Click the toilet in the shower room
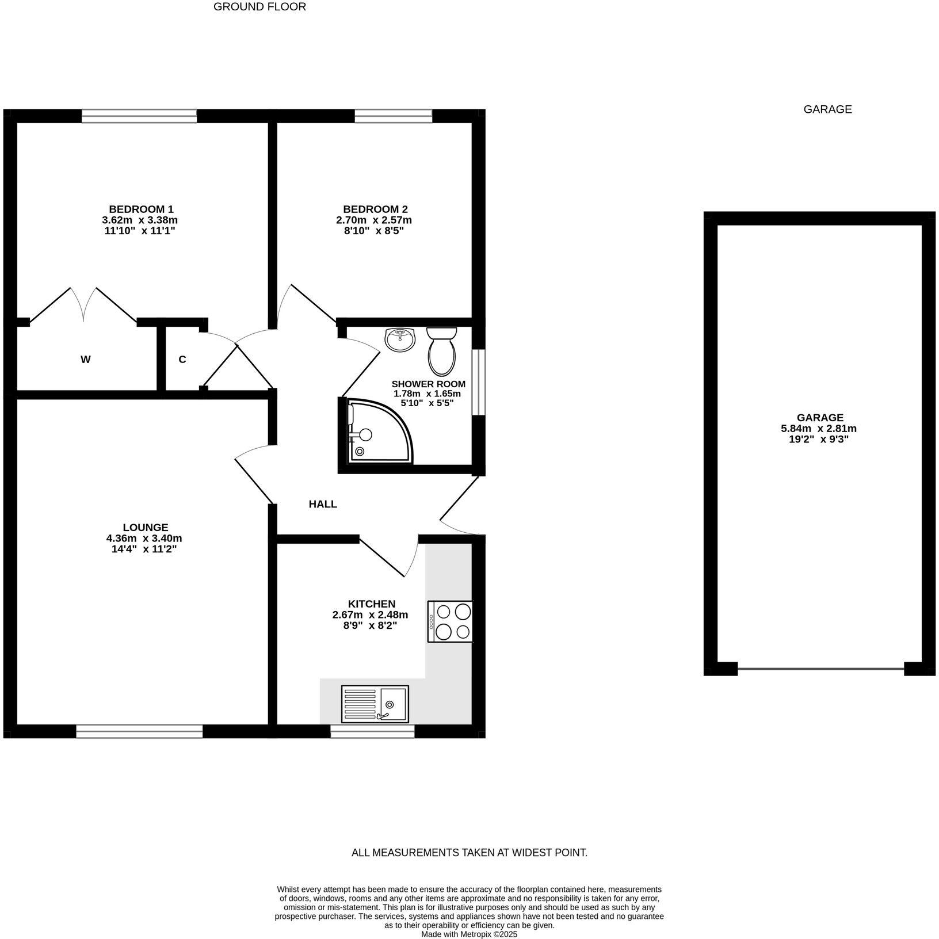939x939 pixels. tap(442, 352)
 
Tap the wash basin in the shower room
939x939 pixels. tap(400, 339)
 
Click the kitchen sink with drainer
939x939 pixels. tap(375, 703)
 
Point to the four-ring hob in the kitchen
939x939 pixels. tap(450, 621)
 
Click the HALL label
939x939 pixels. tap(323, 505)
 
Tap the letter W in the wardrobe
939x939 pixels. tap(86, 360)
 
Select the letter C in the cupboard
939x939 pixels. tap(182, 360)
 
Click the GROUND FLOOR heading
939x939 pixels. tap(259, 7)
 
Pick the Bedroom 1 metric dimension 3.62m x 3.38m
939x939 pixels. tap(140, 220)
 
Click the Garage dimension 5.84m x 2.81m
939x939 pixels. tap(819, 429)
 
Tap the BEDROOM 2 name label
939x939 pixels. tap(375, 209)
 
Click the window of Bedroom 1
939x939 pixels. tap(139, 116)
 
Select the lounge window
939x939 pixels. tap(139, 731)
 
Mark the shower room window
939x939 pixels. tap(478, 381)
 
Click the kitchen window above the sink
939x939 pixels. tap(372, 731)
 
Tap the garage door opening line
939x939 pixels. tap(820, 669)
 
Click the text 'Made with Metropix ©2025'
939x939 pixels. tap(469, 934)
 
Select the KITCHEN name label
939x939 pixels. tap(372, 604)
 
